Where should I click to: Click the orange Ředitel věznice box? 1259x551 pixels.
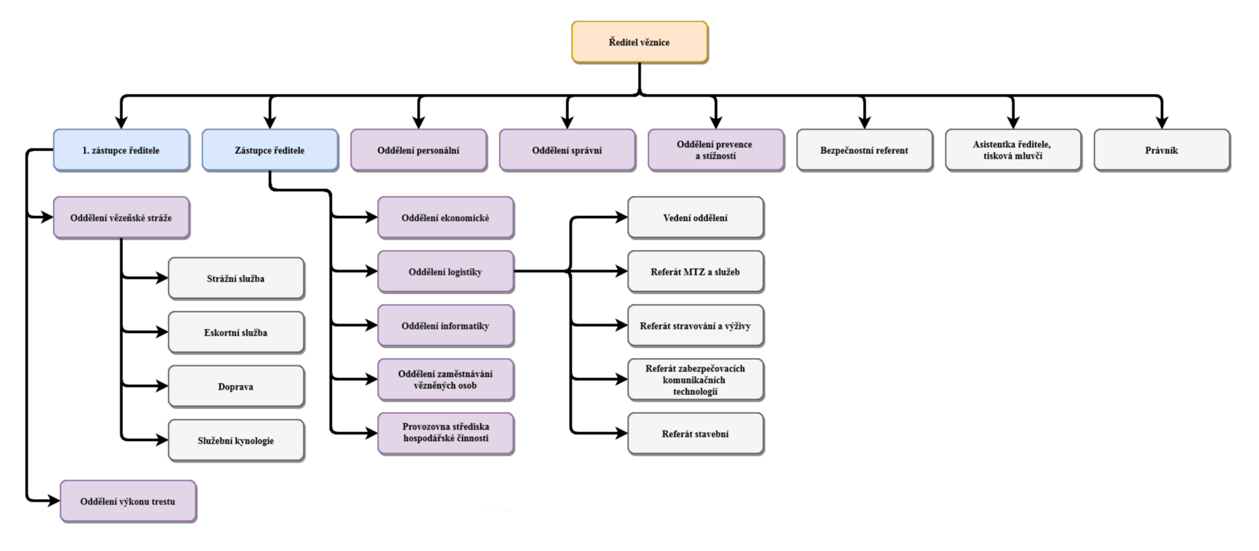coord(639,42)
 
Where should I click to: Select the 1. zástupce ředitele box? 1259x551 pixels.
coord(121,150)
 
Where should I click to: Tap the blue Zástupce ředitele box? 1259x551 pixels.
coord(270,150)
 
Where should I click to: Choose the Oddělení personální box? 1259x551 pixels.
coord(418,150)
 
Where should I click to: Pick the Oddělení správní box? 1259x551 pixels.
coord(567,150)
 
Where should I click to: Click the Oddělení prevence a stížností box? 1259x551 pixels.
coord(716,150)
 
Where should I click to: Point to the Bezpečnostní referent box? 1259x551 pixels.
coord(864,150)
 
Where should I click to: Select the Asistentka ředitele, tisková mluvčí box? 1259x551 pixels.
coord(1013,150)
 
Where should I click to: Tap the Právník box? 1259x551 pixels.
coord(1162,150)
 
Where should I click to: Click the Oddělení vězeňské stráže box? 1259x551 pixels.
coord(121,217)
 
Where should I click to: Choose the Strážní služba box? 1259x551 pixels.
coord(236,278)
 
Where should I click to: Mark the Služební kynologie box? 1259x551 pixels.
coord(236,440)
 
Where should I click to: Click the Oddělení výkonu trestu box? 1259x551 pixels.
coord(128,501)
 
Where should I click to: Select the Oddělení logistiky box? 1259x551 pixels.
coord(445,271)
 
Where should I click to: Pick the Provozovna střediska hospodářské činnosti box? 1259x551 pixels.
coord(445,432)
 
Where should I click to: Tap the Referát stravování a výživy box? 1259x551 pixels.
coord(695,325)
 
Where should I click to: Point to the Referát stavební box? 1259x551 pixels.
coord(695,434)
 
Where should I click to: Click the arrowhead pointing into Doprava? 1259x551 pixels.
coord(162,386)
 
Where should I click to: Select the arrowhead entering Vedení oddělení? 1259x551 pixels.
coord(622,217)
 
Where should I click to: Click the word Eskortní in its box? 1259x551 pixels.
coord(222,332)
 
